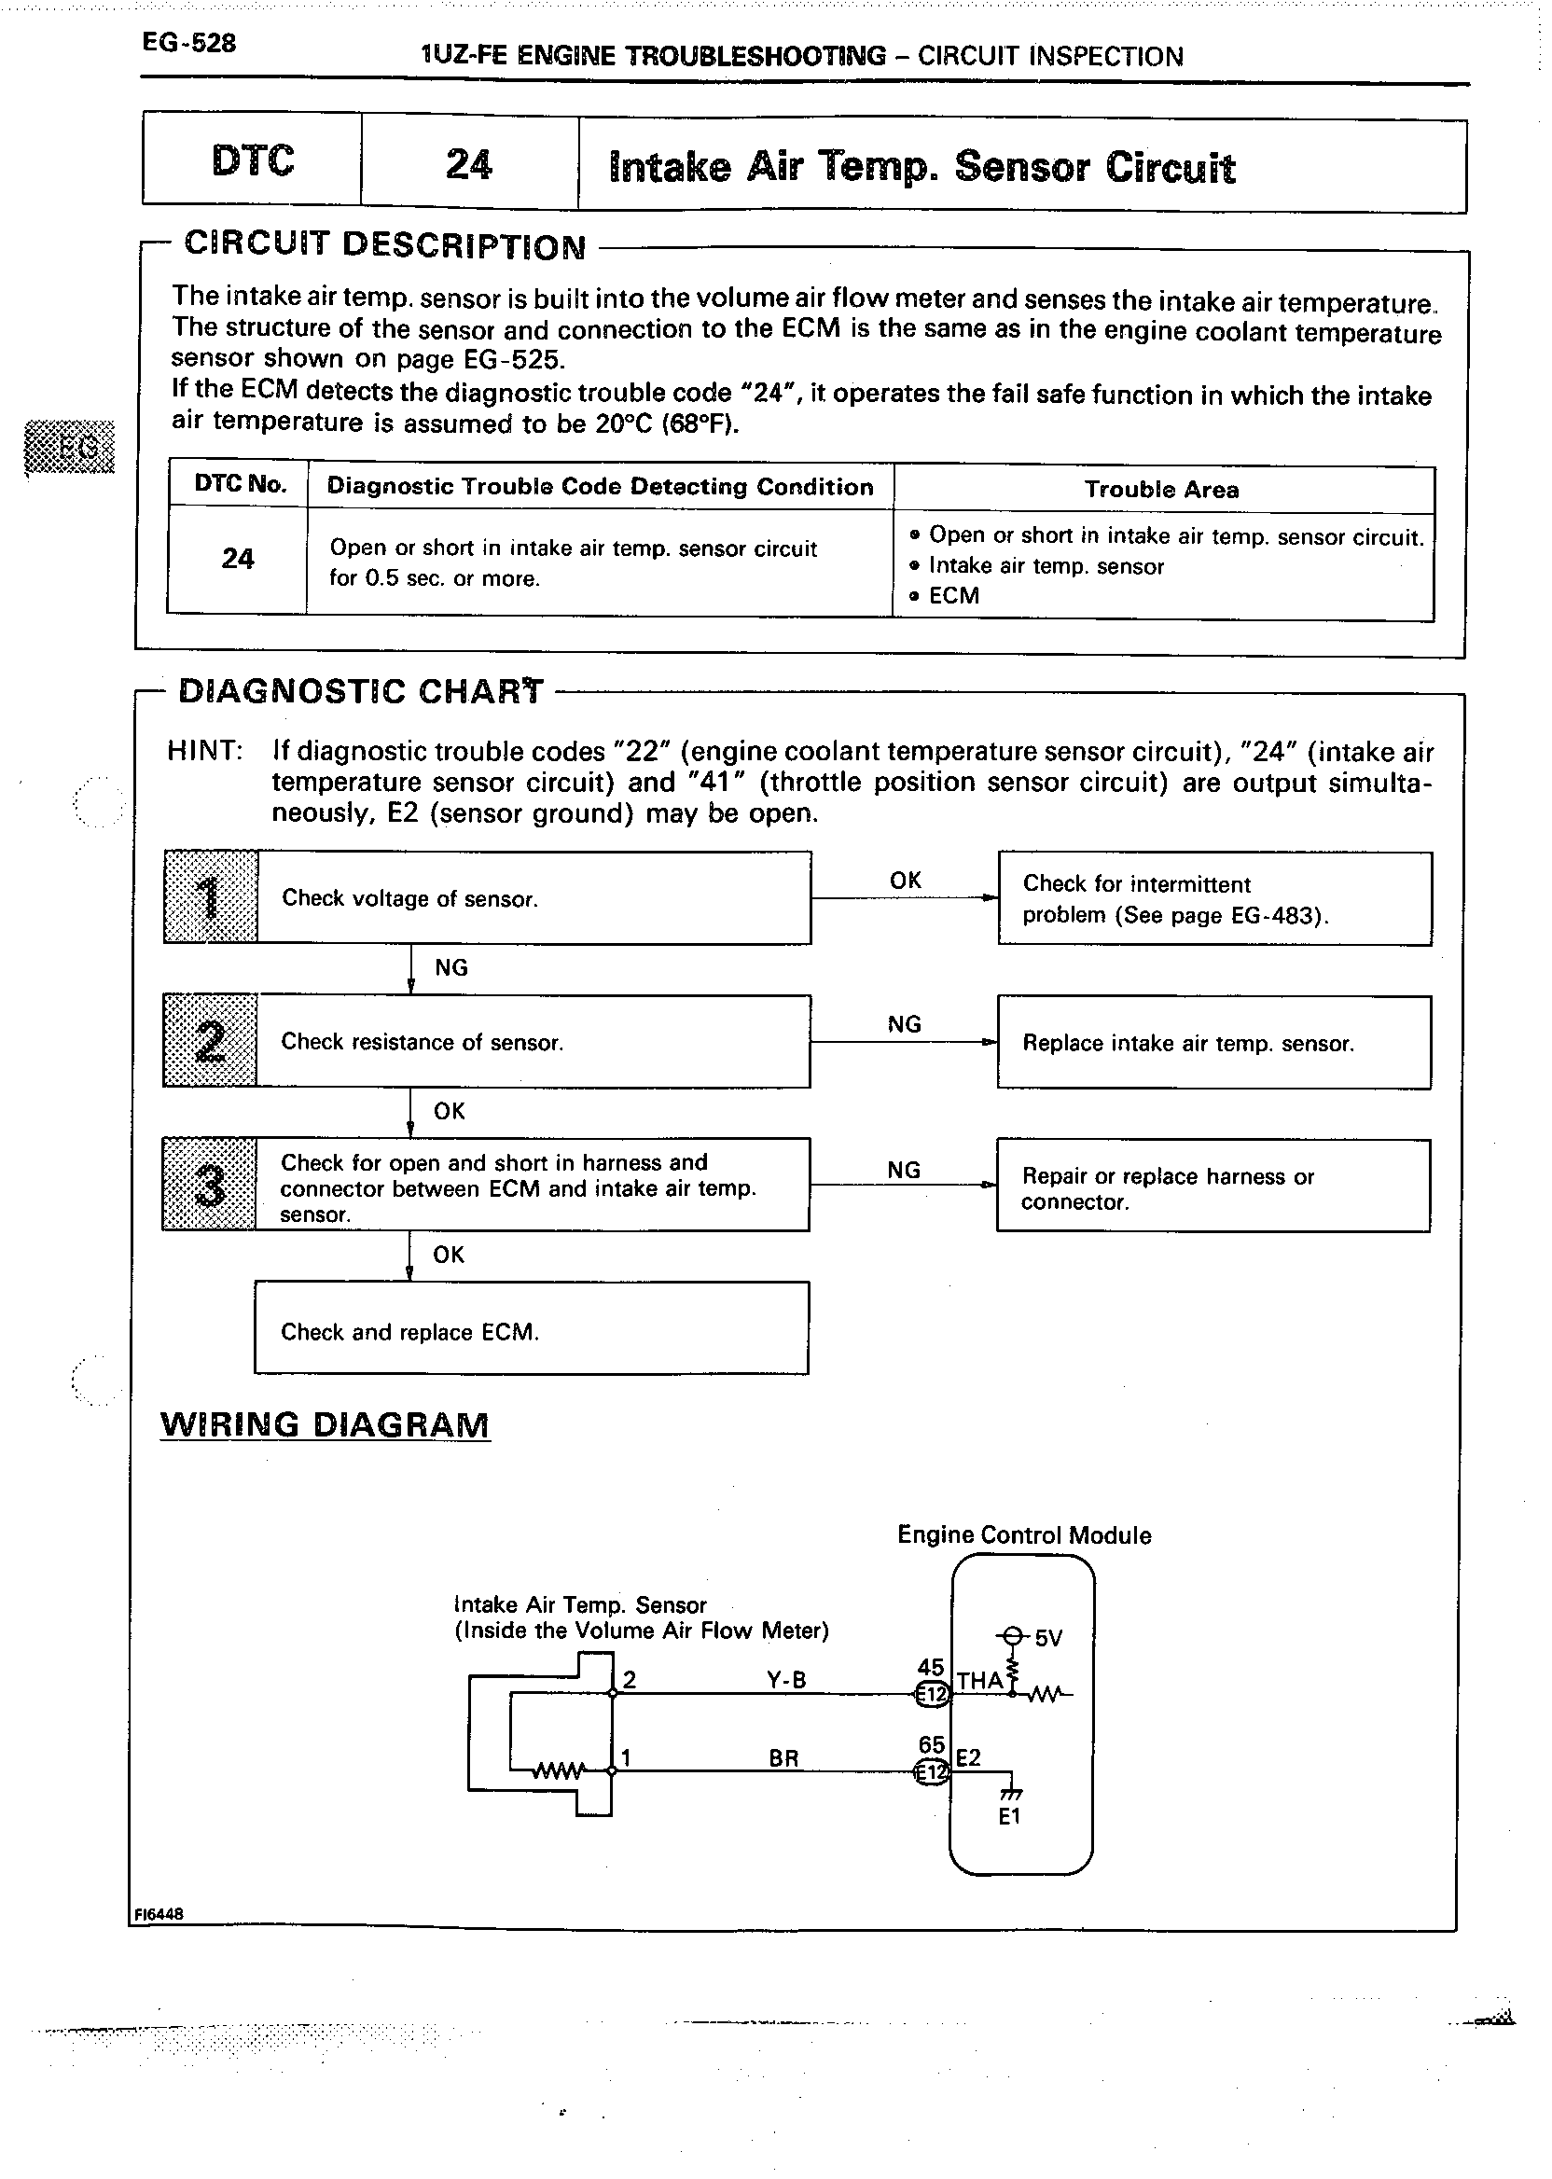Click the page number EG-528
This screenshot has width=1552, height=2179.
188,43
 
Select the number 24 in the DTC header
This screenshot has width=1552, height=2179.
468,164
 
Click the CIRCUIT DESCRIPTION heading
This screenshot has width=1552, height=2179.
384,245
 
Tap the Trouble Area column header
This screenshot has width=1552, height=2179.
1161,490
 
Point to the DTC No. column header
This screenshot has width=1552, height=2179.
240,483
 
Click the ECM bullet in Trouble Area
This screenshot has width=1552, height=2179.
953,595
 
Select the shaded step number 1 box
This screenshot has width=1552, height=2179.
210,896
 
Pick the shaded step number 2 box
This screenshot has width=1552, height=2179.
209,1041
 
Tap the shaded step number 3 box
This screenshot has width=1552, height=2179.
209,1184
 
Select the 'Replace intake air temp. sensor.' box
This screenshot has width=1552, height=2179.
1213,1043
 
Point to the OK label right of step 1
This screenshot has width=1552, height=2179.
905,881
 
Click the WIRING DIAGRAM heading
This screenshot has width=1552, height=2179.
325,1425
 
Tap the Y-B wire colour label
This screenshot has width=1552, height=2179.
785,1680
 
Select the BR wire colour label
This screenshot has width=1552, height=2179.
783,1758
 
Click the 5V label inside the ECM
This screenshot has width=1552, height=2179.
1048,1639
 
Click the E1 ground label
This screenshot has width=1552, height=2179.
1009,1817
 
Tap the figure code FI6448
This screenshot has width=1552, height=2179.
159,1913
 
